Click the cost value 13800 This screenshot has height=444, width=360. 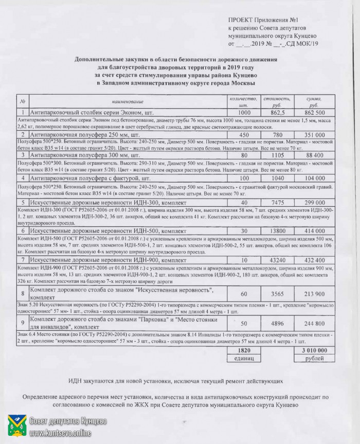(277, 232)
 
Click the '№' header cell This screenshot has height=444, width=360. (23, 101)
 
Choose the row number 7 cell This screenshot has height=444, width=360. (23, 260)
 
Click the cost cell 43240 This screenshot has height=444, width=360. (277, 260)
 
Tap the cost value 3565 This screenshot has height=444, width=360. (277, 293)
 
